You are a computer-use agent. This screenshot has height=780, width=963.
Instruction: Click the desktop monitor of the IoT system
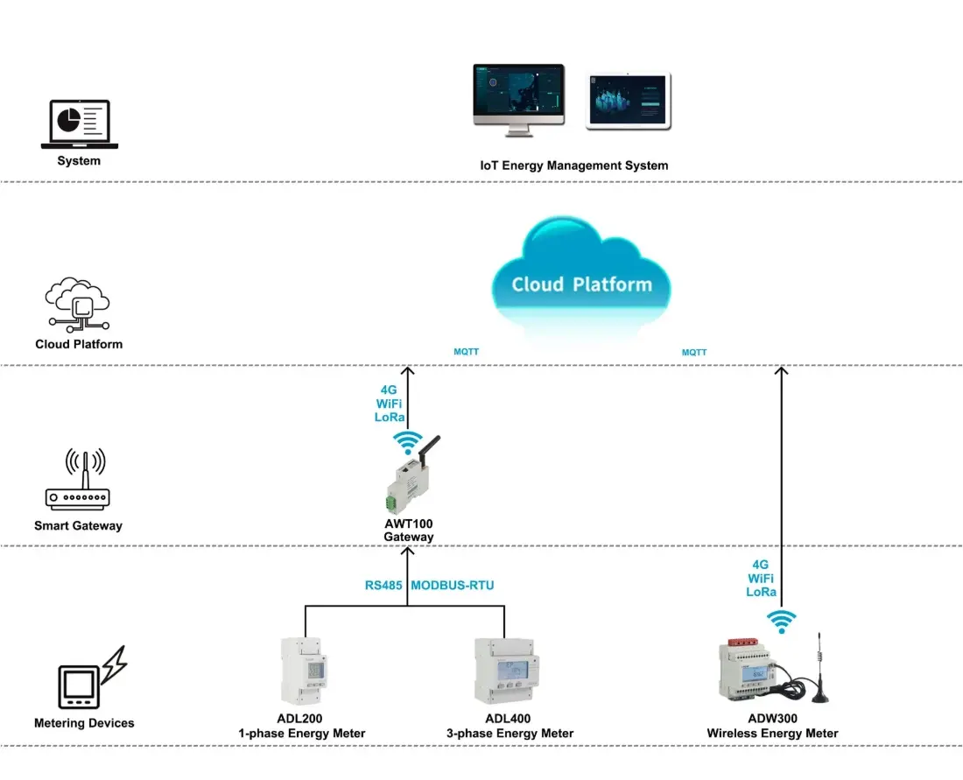518,94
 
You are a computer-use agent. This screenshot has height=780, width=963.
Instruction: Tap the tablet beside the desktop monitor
629,101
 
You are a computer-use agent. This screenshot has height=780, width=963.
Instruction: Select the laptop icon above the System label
80,124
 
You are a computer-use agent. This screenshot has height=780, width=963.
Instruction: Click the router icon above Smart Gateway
77,481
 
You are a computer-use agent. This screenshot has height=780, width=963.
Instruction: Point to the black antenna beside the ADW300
821,670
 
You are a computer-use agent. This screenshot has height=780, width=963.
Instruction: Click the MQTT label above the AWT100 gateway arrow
466,353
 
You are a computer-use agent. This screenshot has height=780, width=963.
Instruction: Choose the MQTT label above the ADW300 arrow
694,353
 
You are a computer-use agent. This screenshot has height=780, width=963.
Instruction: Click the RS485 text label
383,585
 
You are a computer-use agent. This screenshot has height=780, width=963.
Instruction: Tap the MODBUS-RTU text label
453,585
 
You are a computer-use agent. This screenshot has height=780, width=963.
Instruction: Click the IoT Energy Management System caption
573,165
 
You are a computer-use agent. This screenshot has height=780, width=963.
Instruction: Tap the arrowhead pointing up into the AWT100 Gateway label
409,552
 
